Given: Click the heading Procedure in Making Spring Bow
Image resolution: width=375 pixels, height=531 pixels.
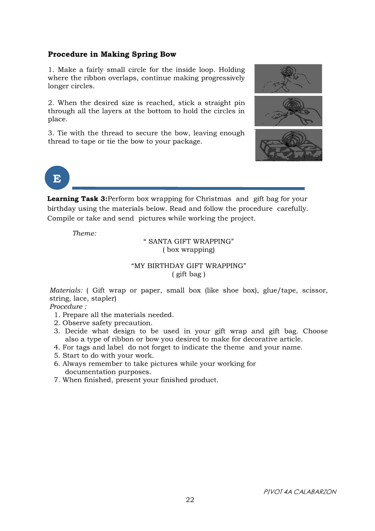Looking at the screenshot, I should (x=112, y=55).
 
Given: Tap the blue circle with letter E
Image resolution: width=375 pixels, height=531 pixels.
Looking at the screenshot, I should (x=57, y=178).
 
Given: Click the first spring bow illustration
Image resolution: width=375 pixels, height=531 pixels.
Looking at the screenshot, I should (x=288, y=79).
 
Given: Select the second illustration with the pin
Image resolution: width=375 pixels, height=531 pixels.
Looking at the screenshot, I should (x=288, y=111).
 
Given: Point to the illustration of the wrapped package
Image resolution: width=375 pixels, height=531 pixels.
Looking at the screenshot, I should (x=288, y=145).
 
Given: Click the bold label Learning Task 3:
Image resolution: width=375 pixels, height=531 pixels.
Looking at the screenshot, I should (x=77, y=199).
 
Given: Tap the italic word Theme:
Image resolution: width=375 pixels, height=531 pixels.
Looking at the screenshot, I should (x=84, y=233).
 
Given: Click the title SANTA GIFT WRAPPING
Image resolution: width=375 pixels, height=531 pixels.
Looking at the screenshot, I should (x=188, y=241).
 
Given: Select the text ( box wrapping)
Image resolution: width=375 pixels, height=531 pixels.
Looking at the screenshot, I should (x=188, y=249).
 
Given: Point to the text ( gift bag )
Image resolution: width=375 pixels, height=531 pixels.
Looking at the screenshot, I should (x=188, y=274).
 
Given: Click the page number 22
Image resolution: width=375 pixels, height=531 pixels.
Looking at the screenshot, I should (x=190, y=500).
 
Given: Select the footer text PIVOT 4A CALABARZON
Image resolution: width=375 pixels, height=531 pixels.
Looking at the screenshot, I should (x=300, y=492).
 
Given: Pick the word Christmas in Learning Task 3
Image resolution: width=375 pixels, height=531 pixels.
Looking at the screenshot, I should (x=213, y=199).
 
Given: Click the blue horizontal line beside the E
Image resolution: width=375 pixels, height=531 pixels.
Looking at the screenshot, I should (x=188, y=188).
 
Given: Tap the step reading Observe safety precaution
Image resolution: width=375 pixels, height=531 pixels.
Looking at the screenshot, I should (x=107, y=323).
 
